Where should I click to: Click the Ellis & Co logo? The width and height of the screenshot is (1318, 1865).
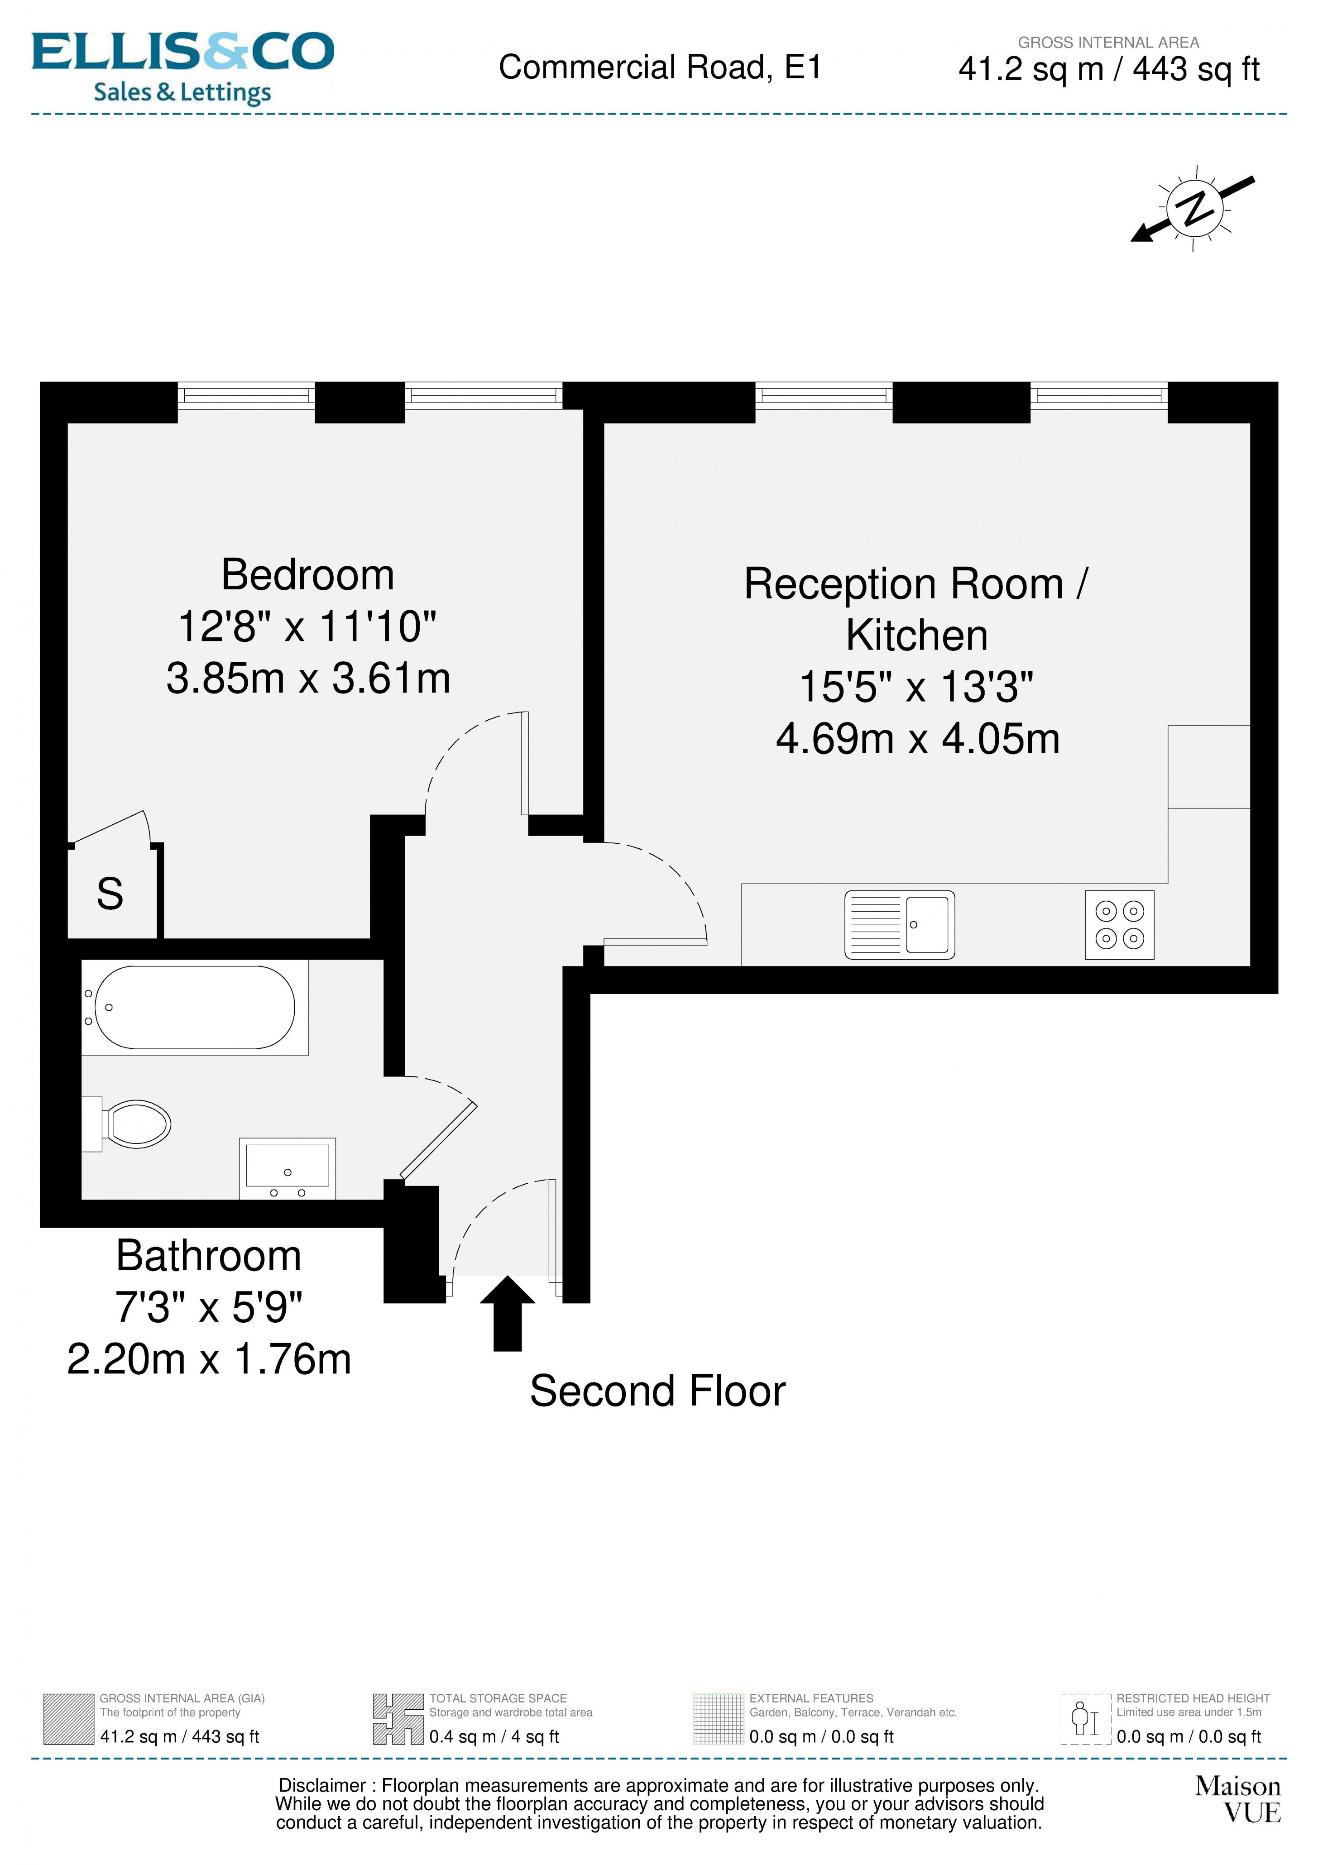pos(183,67)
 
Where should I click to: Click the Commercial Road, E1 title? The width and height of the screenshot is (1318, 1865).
pos(660,67)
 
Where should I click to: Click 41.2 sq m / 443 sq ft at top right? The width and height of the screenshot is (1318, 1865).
pos(1108,70)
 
